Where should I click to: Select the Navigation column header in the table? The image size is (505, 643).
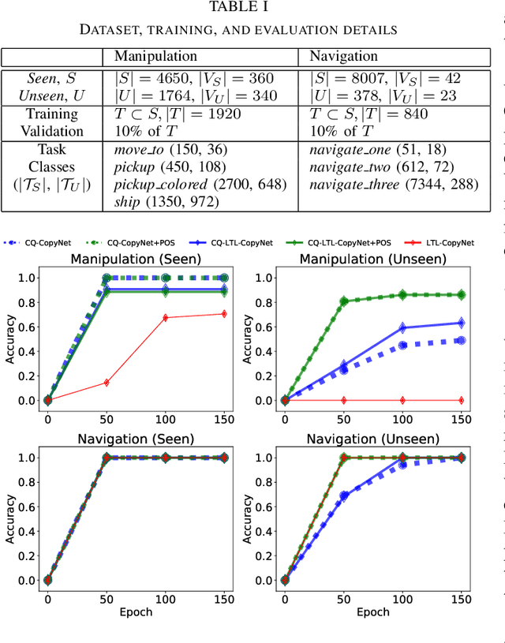[343, 57]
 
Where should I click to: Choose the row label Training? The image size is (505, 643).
[51, 114]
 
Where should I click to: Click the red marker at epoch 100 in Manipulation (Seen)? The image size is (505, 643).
[165, 318]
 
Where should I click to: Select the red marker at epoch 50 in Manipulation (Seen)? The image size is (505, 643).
[106, 383]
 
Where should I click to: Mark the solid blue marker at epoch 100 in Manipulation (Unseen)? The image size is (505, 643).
[402, 327]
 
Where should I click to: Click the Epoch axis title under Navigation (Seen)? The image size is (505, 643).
[136, 611]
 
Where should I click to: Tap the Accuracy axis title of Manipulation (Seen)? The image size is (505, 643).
[9, 339]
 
